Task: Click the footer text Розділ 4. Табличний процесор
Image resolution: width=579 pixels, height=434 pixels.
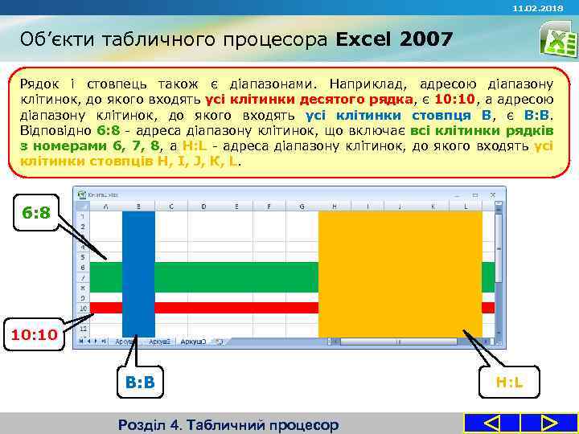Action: point(228,424)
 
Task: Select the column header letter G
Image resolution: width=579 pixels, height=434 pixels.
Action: point(302,206)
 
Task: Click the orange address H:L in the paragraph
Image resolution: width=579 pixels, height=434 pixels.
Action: point(197,145)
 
